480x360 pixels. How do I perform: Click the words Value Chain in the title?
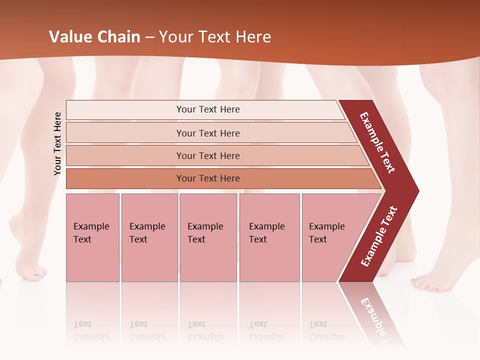(x=94, y=37)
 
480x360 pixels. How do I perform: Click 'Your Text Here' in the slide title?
(x=215, y=37)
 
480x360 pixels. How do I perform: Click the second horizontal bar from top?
(x=208, y=133)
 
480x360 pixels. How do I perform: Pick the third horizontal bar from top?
(x=208, y=155)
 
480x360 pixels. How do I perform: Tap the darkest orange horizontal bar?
(x=208, y=178)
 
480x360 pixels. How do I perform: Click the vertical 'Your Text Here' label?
(x=57, y=143)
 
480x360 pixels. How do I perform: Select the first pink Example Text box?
(x=92, y=237)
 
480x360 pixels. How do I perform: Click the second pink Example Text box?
(x=149, y=237)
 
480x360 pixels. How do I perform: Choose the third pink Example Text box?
(x=207, y=237)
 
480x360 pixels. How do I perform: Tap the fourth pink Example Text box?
(x=269, y=237)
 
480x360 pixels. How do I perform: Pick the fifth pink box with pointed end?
(x=330, y=237)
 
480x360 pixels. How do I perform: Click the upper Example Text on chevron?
(x=377, y=142)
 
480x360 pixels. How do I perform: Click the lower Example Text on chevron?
(x=379, y=236)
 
